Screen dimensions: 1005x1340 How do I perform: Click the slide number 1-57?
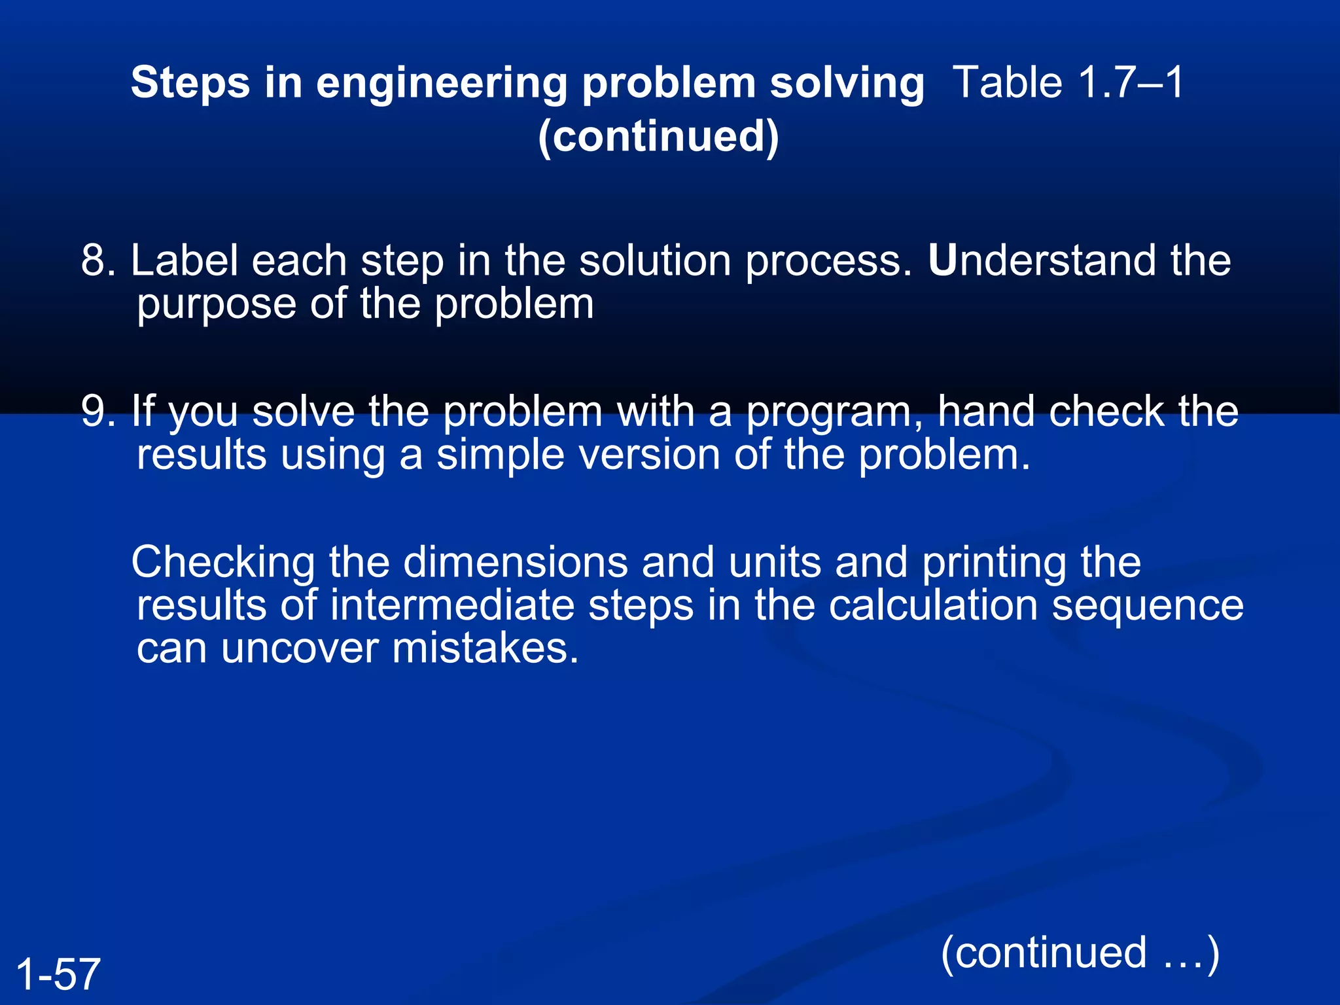pyautogui.click(x=58, y=974)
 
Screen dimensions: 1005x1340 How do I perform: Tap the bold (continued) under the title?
pyautogui.click(x=658, y=136)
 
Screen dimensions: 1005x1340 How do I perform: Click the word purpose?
pyautogui.click(x=217, y=305)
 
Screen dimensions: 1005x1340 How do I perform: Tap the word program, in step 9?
pyautogui.click(x=835, y=412)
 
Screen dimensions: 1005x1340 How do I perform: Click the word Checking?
pyautogui.click(x=223, y=563)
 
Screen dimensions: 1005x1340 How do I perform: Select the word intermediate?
pyautogui.click(x=452, y=605)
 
